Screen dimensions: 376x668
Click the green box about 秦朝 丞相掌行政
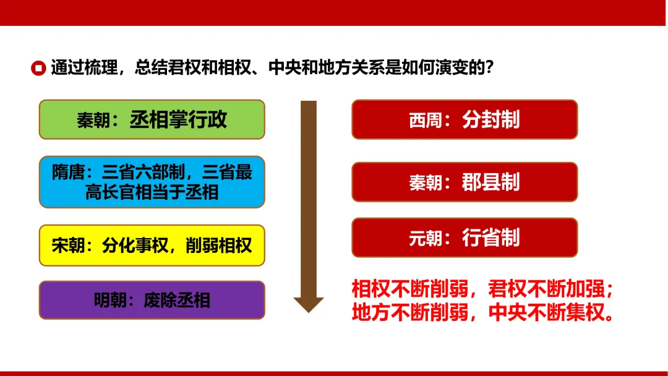[x=152, y=119]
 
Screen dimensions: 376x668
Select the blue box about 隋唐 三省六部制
[x=152, y=182]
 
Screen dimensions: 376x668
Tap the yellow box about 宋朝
[x=152, y=246]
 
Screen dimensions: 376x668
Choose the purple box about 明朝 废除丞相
[x=152, y=301]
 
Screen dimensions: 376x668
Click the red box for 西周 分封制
[x=464, y=119]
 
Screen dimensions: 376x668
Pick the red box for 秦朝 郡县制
[x=464, y=182]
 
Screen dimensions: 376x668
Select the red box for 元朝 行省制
[x=464, y=237]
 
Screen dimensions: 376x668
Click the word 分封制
[x=490, y=119]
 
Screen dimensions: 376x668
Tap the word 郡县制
[x=490, y=182]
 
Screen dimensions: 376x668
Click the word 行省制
[x=490, y=237]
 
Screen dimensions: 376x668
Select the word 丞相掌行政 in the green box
[x=178, y=119]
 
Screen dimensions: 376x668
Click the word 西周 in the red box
[x=426, y=120]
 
